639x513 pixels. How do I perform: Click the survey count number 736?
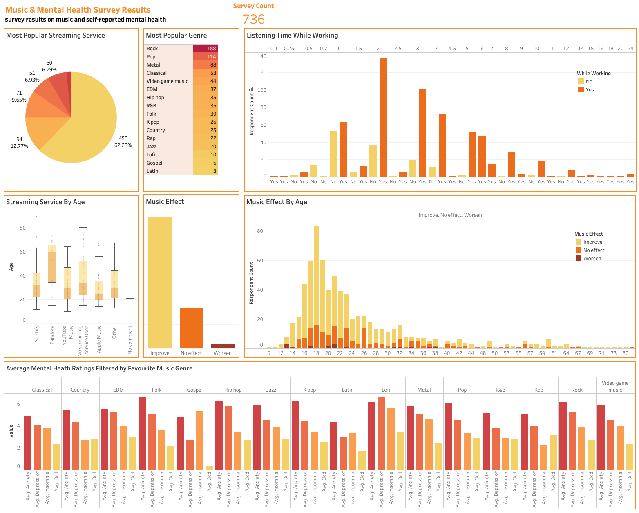pyautogui.click(x=253, y=19)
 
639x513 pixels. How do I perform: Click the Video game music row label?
pyautogui.click(x=168, y=81)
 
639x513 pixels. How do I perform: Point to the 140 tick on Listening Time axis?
pyautogui.click(x=262, y=56)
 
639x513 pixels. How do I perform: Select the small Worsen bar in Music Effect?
pyautogui.click(x=223, y=346)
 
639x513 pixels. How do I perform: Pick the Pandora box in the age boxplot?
pyautogui.click(x=52, y=263)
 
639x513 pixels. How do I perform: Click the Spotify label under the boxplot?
pyautogui.click(x=37, y=333)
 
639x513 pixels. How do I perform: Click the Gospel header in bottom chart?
pyautogui.click(x=195, y=390)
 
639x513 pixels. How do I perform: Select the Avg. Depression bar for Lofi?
pyautogui.click(x=381, y=433)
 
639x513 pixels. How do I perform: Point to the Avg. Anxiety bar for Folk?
pyautogui.click(x=143, y=433)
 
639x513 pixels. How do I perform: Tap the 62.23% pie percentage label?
pyautogui.click(x=123, y=145)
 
